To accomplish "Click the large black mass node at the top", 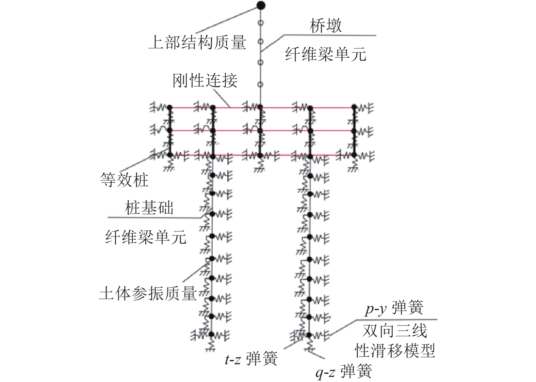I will point(261,5).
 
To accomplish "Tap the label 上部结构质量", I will point(197,43).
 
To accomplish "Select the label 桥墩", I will point(325,26).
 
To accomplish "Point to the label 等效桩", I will point(124,180).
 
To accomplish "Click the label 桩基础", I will point(149,208).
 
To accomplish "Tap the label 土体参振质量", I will point(148,293).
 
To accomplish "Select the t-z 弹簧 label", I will point(251,359).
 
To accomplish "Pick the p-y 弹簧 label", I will point(394,308).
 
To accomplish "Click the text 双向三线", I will point(395,331).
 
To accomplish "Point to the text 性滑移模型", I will point(395,350).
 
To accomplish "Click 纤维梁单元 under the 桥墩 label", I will point(325,54).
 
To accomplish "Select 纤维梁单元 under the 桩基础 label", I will point(146,237).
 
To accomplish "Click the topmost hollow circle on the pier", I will point(261,23).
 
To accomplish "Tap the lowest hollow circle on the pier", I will point(261,84).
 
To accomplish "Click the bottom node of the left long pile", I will point(211,334).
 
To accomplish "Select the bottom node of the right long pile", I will point(309,334).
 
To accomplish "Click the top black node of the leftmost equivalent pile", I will point(170,107).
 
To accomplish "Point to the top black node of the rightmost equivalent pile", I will point(354,107).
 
